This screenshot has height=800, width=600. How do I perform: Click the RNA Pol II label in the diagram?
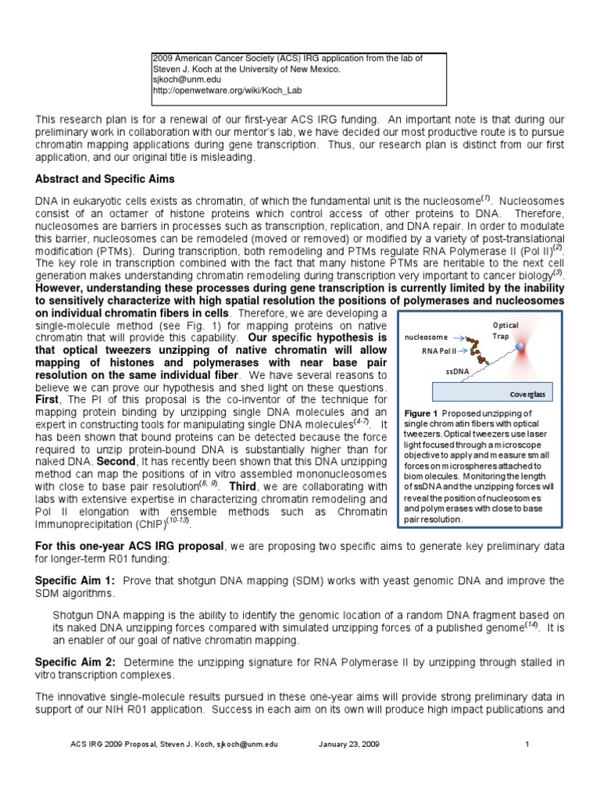[438, 352]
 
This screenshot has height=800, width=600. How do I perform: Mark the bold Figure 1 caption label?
[421, 412]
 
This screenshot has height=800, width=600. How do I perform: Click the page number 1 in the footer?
[528, 745]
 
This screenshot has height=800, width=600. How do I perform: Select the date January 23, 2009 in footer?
[349, 745]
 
